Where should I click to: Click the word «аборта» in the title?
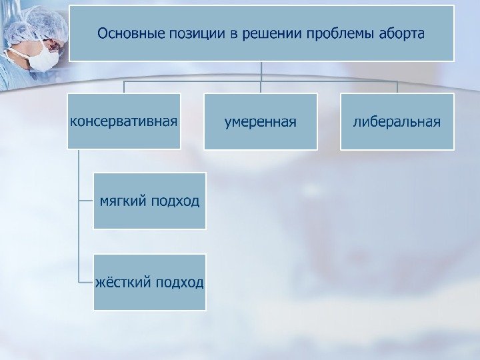(399, 33)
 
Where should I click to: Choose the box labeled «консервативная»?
(124, 121)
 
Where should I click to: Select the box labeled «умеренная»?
(261, 122)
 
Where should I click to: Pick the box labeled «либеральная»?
(397, 122)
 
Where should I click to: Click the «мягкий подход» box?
(149, 200)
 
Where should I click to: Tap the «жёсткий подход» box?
(149, 282)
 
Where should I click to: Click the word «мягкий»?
(124, 200)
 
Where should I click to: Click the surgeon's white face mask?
(43, 57)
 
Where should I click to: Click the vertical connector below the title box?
(261, 71)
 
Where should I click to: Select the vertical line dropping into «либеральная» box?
(397, 87)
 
